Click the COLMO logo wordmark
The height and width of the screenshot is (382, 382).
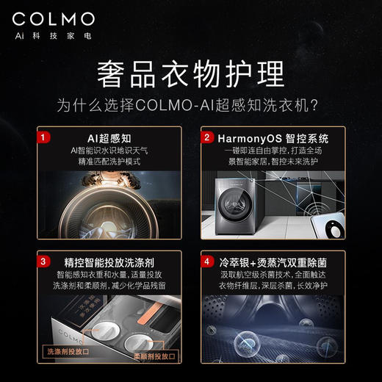(53, 18)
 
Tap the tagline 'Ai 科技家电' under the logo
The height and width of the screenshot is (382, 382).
(53, 35)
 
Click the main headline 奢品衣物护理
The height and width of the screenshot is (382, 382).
(190, 73)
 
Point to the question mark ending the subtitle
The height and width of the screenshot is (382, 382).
(314, 104)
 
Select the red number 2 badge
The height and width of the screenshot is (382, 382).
(208, 137)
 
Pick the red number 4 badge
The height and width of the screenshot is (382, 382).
(208, 259)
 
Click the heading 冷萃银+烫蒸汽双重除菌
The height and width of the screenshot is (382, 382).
(272, 261)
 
